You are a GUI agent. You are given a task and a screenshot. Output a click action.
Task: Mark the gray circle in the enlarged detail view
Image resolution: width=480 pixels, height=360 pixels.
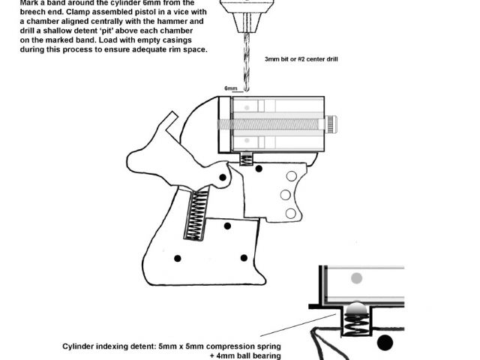[x=357, y=278]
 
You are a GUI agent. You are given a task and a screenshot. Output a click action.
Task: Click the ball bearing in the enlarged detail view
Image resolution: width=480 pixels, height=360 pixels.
[x=358, y=307]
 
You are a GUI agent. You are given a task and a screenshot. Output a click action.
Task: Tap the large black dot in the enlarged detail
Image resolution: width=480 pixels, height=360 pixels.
[x=385, y=343]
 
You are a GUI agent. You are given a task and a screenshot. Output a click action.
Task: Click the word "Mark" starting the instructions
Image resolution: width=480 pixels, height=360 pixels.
[x=19, y=2]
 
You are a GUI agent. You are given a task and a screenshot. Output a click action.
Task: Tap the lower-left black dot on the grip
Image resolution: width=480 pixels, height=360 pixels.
[x=178, y=259]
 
